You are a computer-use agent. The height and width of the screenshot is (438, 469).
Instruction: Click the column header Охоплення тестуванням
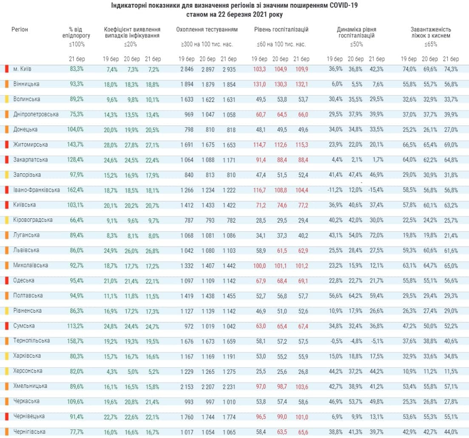(207, 30)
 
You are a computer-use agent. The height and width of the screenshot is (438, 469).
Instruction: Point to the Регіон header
(20, 30)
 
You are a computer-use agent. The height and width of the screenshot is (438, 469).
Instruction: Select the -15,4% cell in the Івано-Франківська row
(376, 190)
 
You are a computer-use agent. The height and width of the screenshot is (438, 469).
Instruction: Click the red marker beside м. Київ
(7, 69)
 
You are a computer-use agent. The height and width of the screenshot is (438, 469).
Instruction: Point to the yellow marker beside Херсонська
(7, 371)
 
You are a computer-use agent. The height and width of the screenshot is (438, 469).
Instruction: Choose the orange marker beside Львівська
(7, 250)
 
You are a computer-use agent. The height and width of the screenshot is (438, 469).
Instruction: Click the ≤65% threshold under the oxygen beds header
(431, 44)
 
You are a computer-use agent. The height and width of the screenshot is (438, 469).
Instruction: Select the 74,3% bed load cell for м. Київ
(451, 69)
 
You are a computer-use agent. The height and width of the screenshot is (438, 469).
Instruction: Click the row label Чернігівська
(30, 432)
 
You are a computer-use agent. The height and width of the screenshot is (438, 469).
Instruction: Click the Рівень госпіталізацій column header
(281, 30)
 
